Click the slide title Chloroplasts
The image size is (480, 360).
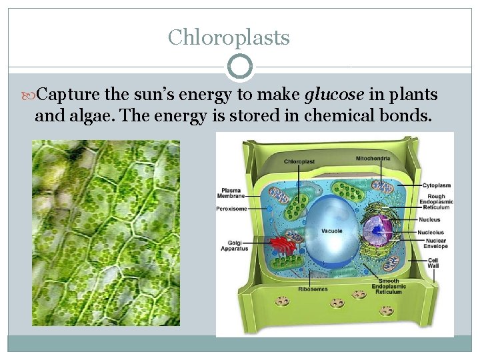pos(229,37)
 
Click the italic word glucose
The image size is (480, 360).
pos(334,95)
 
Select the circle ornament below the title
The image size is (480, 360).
pos(240,67)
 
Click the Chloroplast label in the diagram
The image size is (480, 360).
pos(299,161)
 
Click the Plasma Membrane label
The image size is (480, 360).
pos(231,193)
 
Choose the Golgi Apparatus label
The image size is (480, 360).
pos(235,246)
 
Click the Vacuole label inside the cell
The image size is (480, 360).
pos(331,231)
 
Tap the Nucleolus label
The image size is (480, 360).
pos(432,232)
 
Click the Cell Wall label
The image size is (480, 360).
pos(433,263)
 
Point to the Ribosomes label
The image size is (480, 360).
pos(312,289)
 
